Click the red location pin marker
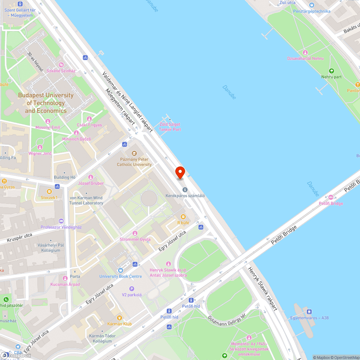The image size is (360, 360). point(180,172)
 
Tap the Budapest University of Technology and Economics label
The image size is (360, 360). point(46,103)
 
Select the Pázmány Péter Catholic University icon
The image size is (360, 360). point(134,153)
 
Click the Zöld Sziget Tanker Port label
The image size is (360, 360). point(170,127)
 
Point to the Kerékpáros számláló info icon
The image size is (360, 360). point(185,189)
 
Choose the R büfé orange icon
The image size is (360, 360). point(183,217)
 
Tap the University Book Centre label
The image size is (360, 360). point(120,276)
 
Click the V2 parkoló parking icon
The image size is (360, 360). point(132,289)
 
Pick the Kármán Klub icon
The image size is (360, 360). point(120,318)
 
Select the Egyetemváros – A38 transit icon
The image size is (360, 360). point(309,311)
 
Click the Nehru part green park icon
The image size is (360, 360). point(332,71)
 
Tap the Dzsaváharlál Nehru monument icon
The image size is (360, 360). point(305,53)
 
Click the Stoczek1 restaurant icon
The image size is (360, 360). point(49,191)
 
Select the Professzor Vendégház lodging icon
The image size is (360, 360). point(61,221)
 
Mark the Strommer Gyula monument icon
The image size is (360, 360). point(135,233)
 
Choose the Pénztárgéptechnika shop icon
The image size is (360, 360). point(312,5)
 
